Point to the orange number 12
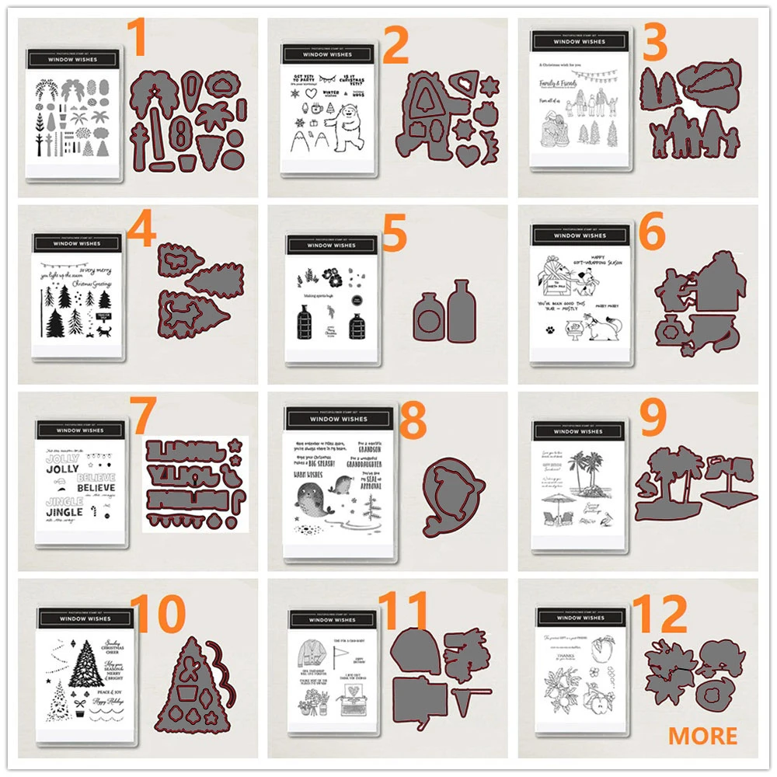coord(659,613)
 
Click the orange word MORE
coord(702,735)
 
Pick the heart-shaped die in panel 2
coord(465,154)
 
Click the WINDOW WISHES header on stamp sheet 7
coord(81,430)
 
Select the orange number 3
coord(654,44)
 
